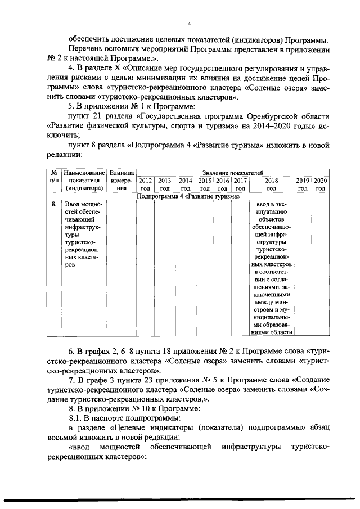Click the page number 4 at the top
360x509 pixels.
pos(190,24)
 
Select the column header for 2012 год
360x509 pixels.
pos(146,184)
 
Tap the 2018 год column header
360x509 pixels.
pos(272,184)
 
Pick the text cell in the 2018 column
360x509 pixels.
pos(272,267)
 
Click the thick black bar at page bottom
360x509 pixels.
pos(180,500)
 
